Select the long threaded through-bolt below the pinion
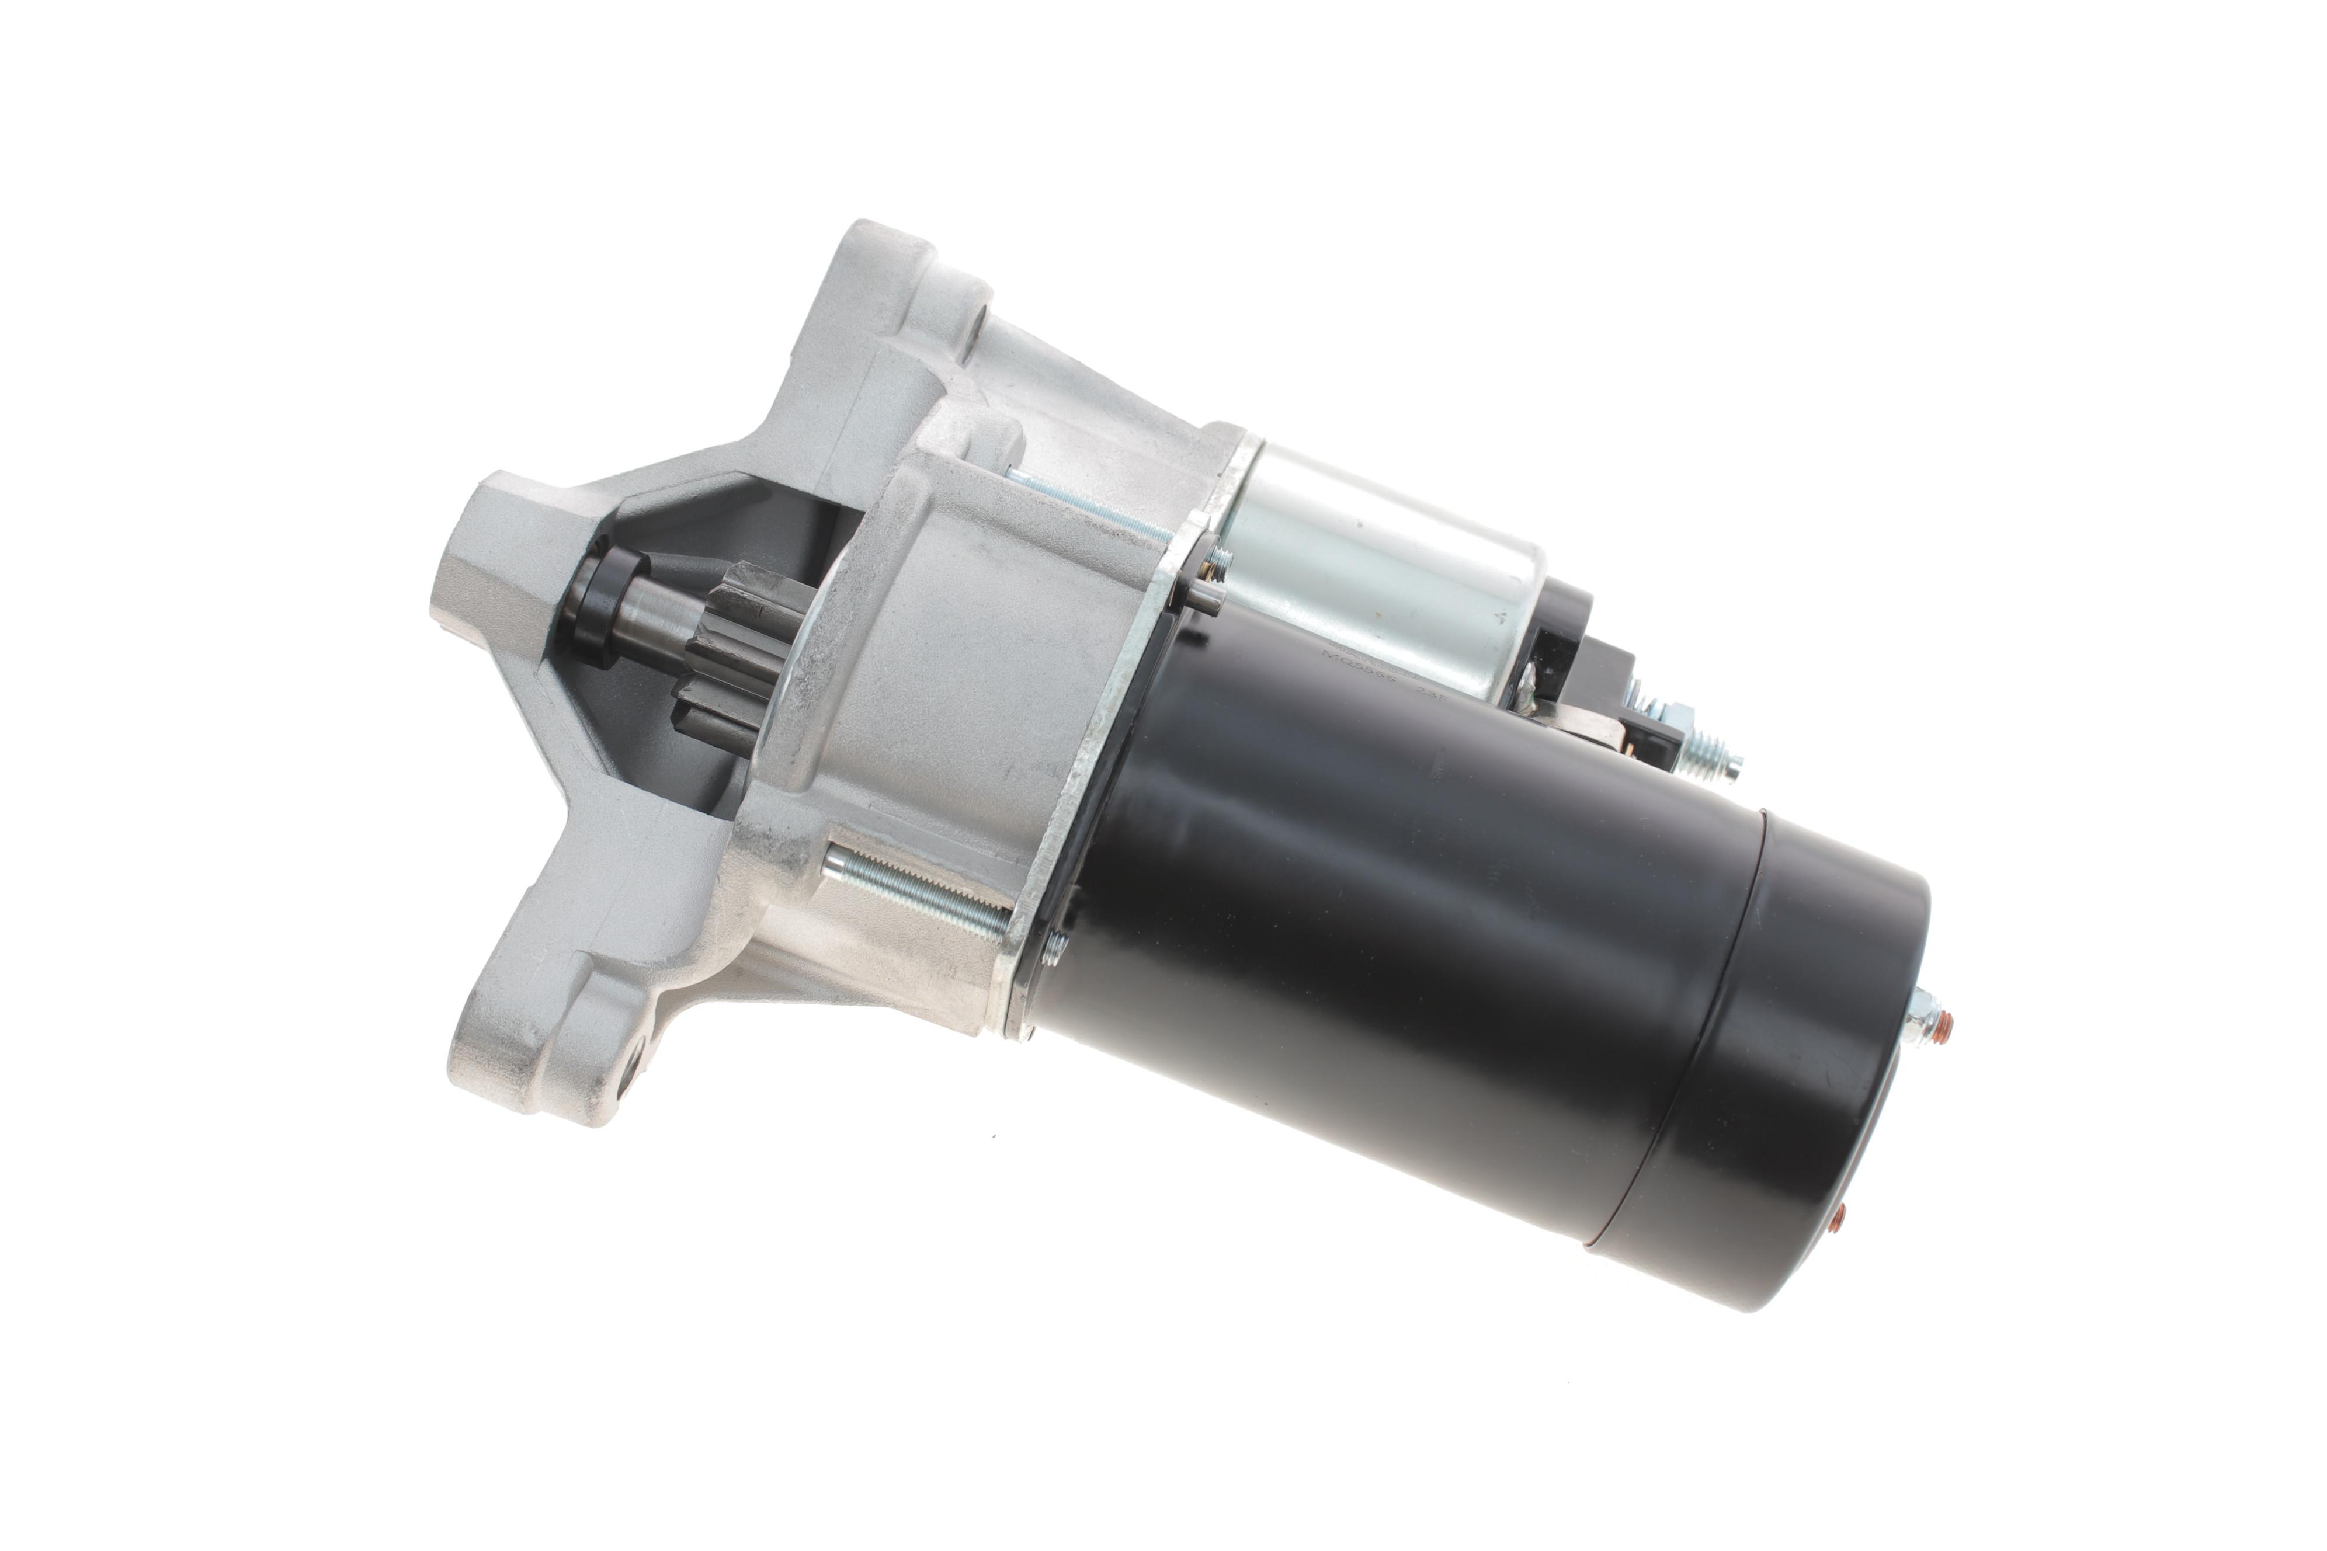pos(915,890)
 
